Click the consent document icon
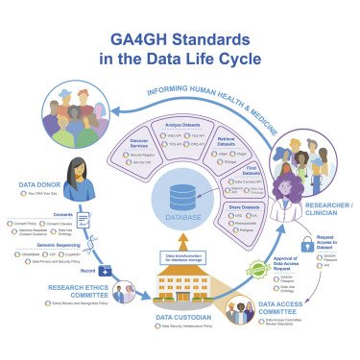pyautogui.click(x=84, y=221)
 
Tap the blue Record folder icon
pyautogui.click(x=105, y=273)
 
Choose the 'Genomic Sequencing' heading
pyautogui.click(x=46, y=244)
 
